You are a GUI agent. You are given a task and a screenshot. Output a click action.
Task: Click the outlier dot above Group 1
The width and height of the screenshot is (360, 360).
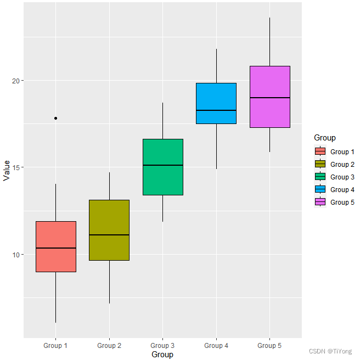click(x=56, y=118)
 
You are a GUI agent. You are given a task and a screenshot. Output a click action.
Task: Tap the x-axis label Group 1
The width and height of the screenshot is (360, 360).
click(x=55, y=346)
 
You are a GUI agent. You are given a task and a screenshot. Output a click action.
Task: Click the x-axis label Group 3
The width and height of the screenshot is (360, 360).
click(x=162, y=346)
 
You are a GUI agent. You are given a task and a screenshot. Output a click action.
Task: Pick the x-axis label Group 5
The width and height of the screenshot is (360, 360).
click(x=269, y=346)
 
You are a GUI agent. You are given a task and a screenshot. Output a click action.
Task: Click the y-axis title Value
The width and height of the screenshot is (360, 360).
click(x=7, y=170)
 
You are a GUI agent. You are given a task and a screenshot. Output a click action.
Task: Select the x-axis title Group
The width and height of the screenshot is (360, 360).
click(x=162, y=355)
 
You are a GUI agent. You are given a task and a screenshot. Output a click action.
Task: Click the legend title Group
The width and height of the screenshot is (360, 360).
click(x=324, y=138)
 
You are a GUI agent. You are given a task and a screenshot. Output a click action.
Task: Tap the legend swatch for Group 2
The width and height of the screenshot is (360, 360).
click(x=320, y=164)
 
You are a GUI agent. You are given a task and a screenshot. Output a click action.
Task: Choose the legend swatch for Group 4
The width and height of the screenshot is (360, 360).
click(x=320, y=189)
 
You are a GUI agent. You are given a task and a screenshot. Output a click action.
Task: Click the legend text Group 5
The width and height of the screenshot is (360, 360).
click(x=342, y=203)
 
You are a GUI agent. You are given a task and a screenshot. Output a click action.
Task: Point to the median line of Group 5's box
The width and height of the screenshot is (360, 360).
click(x=270, y=98)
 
